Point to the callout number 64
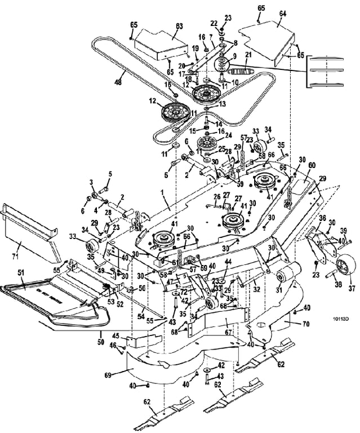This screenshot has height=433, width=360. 283,12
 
